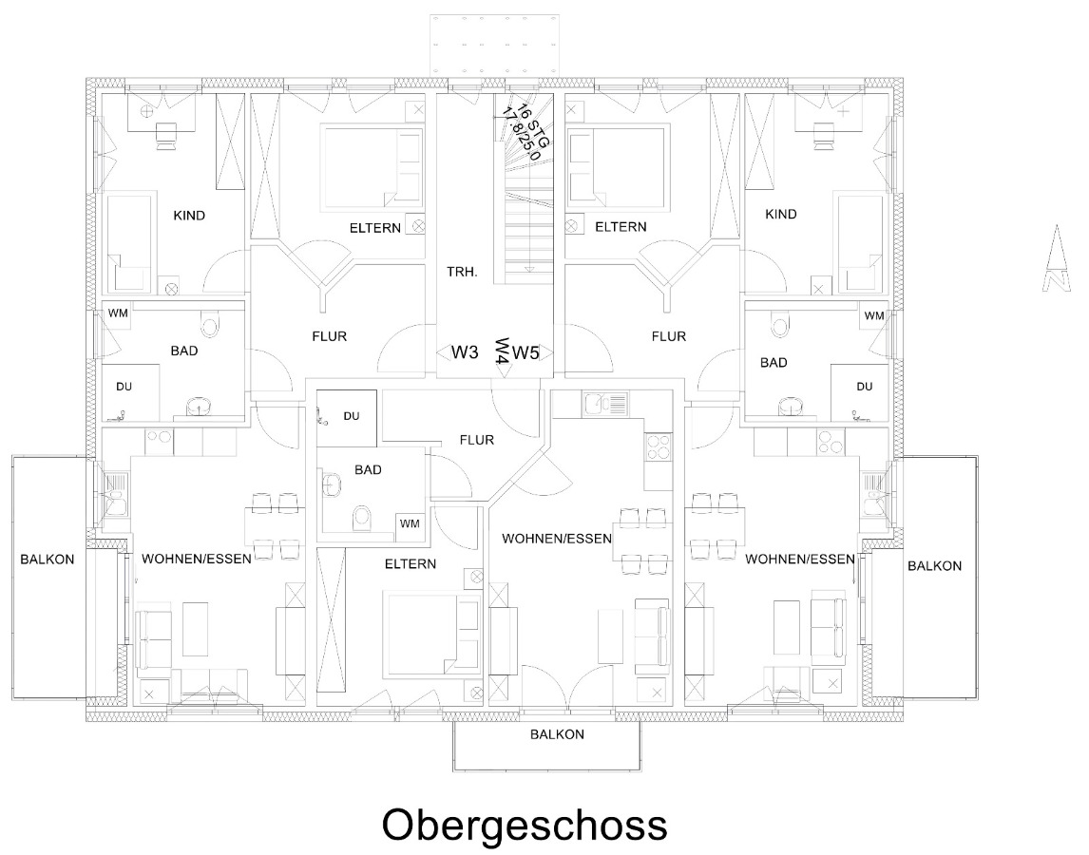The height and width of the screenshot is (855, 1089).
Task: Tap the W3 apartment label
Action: point(464,352)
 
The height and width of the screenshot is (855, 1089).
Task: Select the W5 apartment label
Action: point(525,352)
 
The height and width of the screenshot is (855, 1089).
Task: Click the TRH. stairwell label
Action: point(462,272)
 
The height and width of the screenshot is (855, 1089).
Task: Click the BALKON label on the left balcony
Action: point(47,559)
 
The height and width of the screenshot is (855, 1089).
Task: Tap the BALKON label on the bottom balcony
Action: point(557,734)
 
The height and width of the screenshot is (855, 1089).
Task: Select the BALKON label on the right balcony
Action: point(934,565)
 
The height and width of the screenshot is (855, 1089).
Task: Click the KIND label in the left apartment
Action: point(188,215)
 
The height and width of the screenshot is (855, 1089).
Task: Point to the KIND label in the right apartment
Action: point(781,215)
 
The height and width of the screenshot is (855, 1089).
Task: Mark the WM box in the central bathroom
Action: point(410,523)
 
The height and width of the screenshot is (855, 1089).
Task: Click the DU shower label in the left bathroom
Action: point(124,387)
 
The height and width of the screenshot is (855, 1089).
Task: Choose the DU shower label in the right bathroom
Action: point(864,387)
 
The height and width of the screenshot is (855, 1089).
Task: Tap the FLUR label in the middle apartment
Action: point(476,440)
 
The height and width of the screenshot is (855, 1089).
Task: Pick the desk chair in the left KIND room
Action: point(165,136)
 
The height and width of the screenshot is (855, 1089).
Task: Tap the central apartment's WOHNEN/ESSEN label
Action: point(557,539)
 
